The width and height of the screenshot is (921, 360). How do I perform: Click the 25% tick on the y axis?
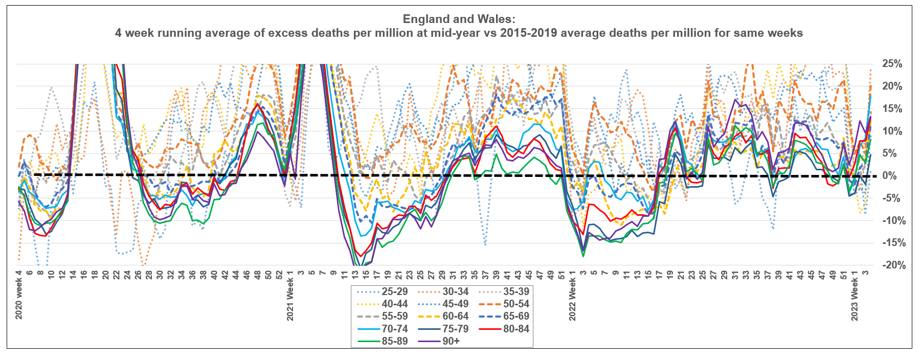892,64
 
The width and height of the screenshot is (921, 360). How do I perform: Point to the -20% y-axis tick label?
893,265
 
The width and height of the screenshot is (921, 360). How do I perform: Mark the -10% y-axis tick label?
893,220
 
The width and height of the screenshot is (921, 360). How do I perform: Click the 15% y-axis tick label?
892,108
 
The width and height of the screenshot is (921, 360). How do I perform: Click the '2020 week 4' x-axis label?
19,295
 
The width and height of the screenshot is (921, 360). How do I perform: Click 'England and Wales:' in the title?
459,19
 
